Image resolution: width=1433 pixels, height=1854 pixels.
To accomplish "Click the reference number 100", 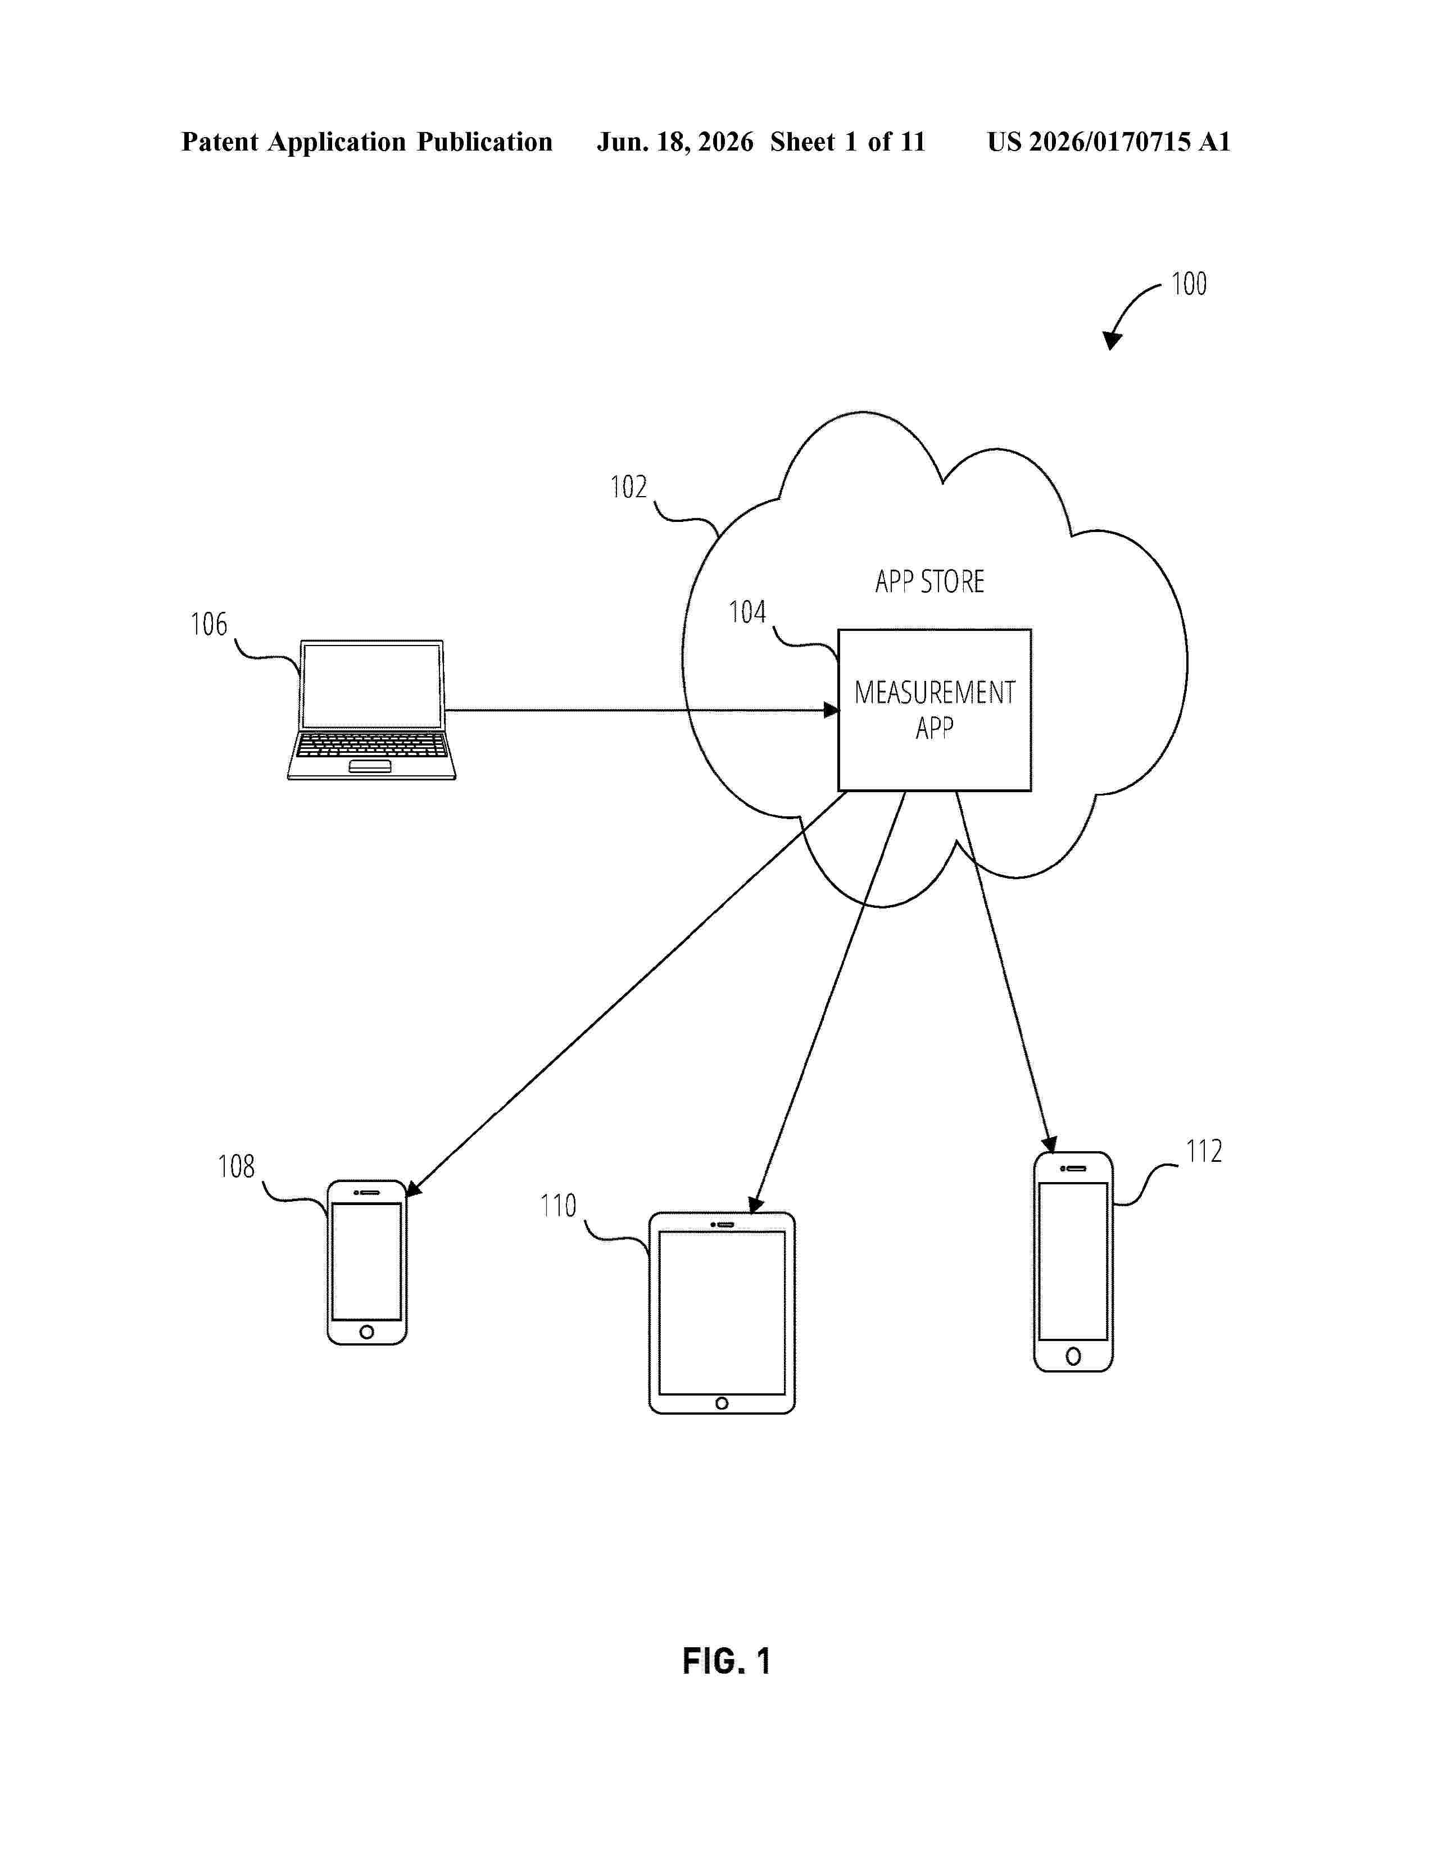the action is click(x=1189, y=284).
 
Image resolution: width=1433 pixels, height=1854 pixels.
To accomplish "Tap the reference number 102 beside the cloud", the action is click(x=628, y=487).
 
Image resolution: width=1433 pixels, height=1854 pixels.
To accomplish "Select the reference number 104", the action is click(x=747, y=612).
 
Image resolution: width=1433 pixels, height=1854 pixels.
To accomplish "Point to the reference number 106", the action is click(x=209, y=624).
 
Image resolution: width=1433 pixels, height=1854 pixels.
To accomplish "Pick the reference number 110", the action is click(x=558, y=1206).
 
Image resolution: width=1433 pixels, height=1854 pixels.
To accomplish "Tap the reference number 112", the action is click(x=1204, y=1151).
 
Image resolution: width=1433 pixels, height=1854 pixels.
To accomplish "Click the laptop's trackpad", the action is click(x=370, y=766).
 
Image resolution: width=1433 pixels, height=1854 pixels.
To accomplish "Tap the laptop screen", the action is click(x=373, y=686).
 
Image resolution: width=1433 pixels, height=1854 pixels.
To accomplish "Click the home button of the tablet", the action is click(x=722, y=1403).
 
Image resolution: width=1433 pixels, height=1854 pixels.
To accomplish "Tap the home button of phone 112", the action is click(x=1073, y=1357).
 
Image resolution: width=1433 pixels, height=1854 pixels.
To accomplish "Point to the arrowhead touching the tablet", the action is click(x=755, y=1205).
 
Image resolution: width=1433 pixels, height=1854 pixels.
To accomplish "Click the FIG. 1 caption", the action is click(x=727, y=1661).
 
